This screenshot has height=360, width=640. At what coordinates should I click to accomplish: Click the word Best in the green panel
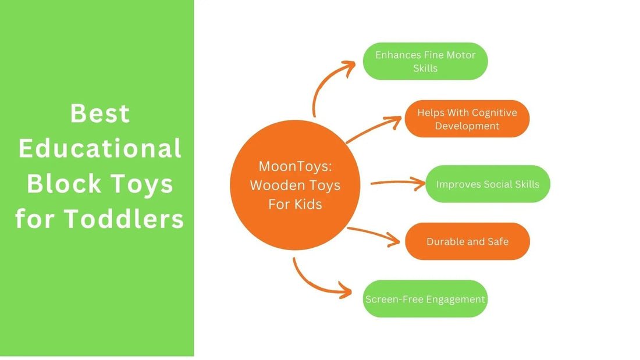coord(100,113)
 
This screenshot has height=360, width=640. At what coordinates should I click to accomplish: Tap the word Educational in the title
coord(100,149)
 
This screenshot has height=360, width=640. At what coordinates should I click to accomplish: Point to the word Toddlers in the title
coord(123,219)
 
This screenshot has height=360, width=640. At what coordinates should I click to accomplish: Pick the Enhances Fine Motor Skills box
coord(425,61)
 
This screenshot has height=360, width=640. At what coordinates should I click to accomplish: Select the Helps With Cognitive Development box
coord(467,119)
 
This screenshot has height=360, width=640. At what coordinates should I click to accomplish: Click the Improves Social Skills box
coord(488,184)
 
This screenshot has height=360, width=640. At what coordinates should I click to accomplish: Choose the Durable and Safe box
coord(467,241)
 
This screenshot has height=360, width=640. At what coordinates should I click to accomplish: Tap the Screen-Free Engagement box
coord(425,299)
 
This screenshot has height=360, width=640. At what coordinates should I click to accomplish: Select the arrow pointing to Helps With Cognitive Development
coord(372,129)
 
